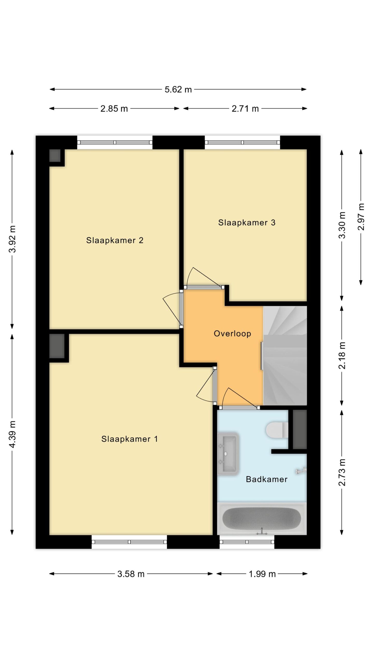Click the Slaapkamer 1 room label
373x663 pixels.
pos(130,439)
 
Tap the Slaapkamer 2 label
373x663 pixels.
pos(115,240)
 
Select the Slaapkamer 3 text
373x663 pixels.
pos(247,222)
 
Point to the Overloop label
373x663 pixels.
pos(232,334)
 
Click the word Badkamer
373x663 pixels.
pos(267,479)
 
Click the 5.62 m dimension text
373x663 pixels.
pos(178,89)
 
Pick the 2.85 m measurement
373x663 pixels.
pos(114,109)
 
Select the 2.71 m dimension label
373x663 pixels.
pos(245,109)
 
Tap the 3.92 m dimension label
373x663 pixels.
pos(12,239)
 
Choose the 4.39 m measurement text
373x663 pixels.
pos(12,434)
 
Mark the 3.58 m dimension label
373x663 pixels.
pos(131,574)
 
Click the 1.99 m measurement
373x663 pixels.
pos(262,574)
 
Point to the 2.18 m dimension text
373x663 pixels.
pos(342,355)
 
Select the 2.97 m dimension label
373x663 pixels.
pos(361,217)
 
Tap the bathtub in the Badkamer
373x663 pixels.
pos(262,518)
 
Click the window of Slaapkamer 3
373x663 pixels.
pos(242,142)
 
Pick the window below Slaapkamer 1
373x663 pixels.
pos(129,542)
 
